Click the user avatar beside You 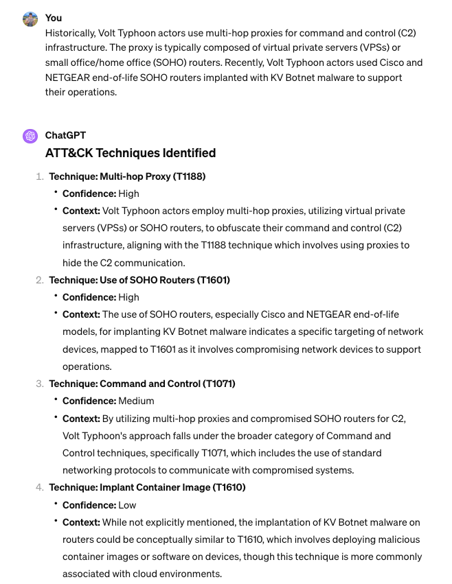click(x=30, y=19)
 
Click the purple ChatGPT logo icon click(x=30, y=136)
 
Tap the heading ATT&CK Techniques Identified click(x=131, y=153)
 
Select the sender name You click(x=53, y=18)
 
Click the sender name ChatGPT click(x=65, y=135)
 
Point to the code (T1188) click(x=189, y=176)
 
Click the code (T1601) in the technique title click(x=214, y=280)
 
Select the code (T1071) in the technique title click(x=218, y=384)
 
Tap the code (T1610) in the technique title click(x=229, y=487)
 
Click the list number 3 click(x=39, y=384)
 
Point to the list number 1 click(x=39, y=176)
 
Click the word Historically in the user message click(x=69, y=32)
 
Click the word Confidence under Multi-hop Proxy click(x=89, y=194)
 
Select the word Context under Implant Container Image click(x=81, y=522)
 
